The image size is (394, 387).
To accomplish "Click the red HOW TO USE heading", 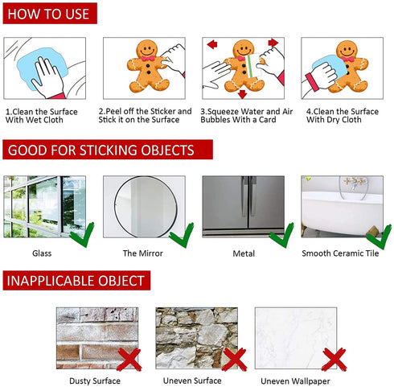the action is [x=50, y=14].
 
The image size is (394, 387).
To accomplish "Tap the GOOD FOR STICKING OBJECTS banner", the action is [x=108, y=150].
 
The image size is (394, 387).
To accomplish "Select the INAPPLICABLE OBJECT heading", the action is [x=76, y=280].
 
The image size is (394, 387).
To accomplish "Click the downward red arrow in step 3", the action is [x=242, y=94].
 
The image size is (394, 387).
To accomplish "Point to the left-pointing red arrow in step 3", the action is [x=212, y=44].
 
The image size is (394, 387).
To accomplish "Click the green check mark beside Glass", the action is [x=82, y=235].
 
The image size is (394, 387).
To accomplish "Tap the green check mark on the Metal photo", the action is [x=281, y=236].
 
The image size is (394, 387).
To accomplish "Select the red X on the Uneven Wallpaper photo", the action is [x=334, y=360].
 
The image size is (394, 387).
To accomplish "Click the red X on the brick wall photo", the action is [x=129, y=360].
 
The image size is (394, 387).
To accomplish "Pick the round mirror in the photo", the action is [x=146, y=207].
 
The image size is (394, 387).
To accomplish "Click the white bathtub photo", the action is [x=342, y=207].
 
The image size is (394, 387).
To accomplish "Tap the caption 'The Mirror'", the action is [x=143, y=253].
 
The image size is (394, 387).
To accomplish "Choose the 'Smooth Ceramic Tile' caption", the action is [x=340, y=253].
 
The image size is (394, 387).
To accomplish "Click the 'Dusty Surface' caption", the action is [x=95, y=381].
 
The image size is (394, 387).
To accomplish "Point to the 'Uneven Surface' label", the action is [x=192, y=381].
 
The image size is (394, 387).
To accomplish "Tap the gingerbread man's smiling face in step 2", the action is [x=147, y=49].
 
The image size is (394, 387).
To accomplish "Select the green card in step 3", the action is [x=252, y=66].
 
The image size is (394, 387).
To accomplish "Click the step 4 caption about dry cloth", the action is [x=343, y=115].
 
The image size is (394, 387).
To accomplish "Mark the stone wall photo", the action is [x=197, y=338].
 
